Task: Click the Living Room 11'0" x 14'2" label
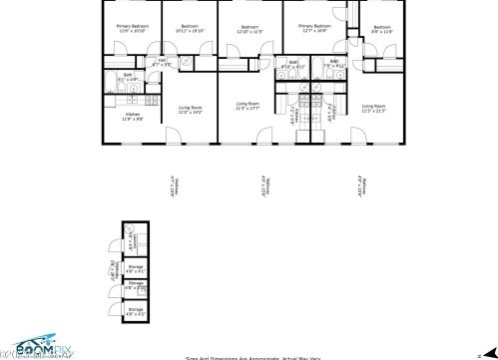tap(190, 110)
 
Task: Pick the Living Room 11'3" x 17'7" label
tap(249, 106)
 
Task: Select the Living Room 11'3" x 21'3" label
tap(374, 108)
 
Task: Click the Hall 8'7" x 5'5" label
tap(165, 62)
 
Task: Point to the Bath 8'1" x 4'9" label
tap(128, 77)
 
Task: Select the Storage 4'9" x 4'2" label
tap(136, 312)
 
